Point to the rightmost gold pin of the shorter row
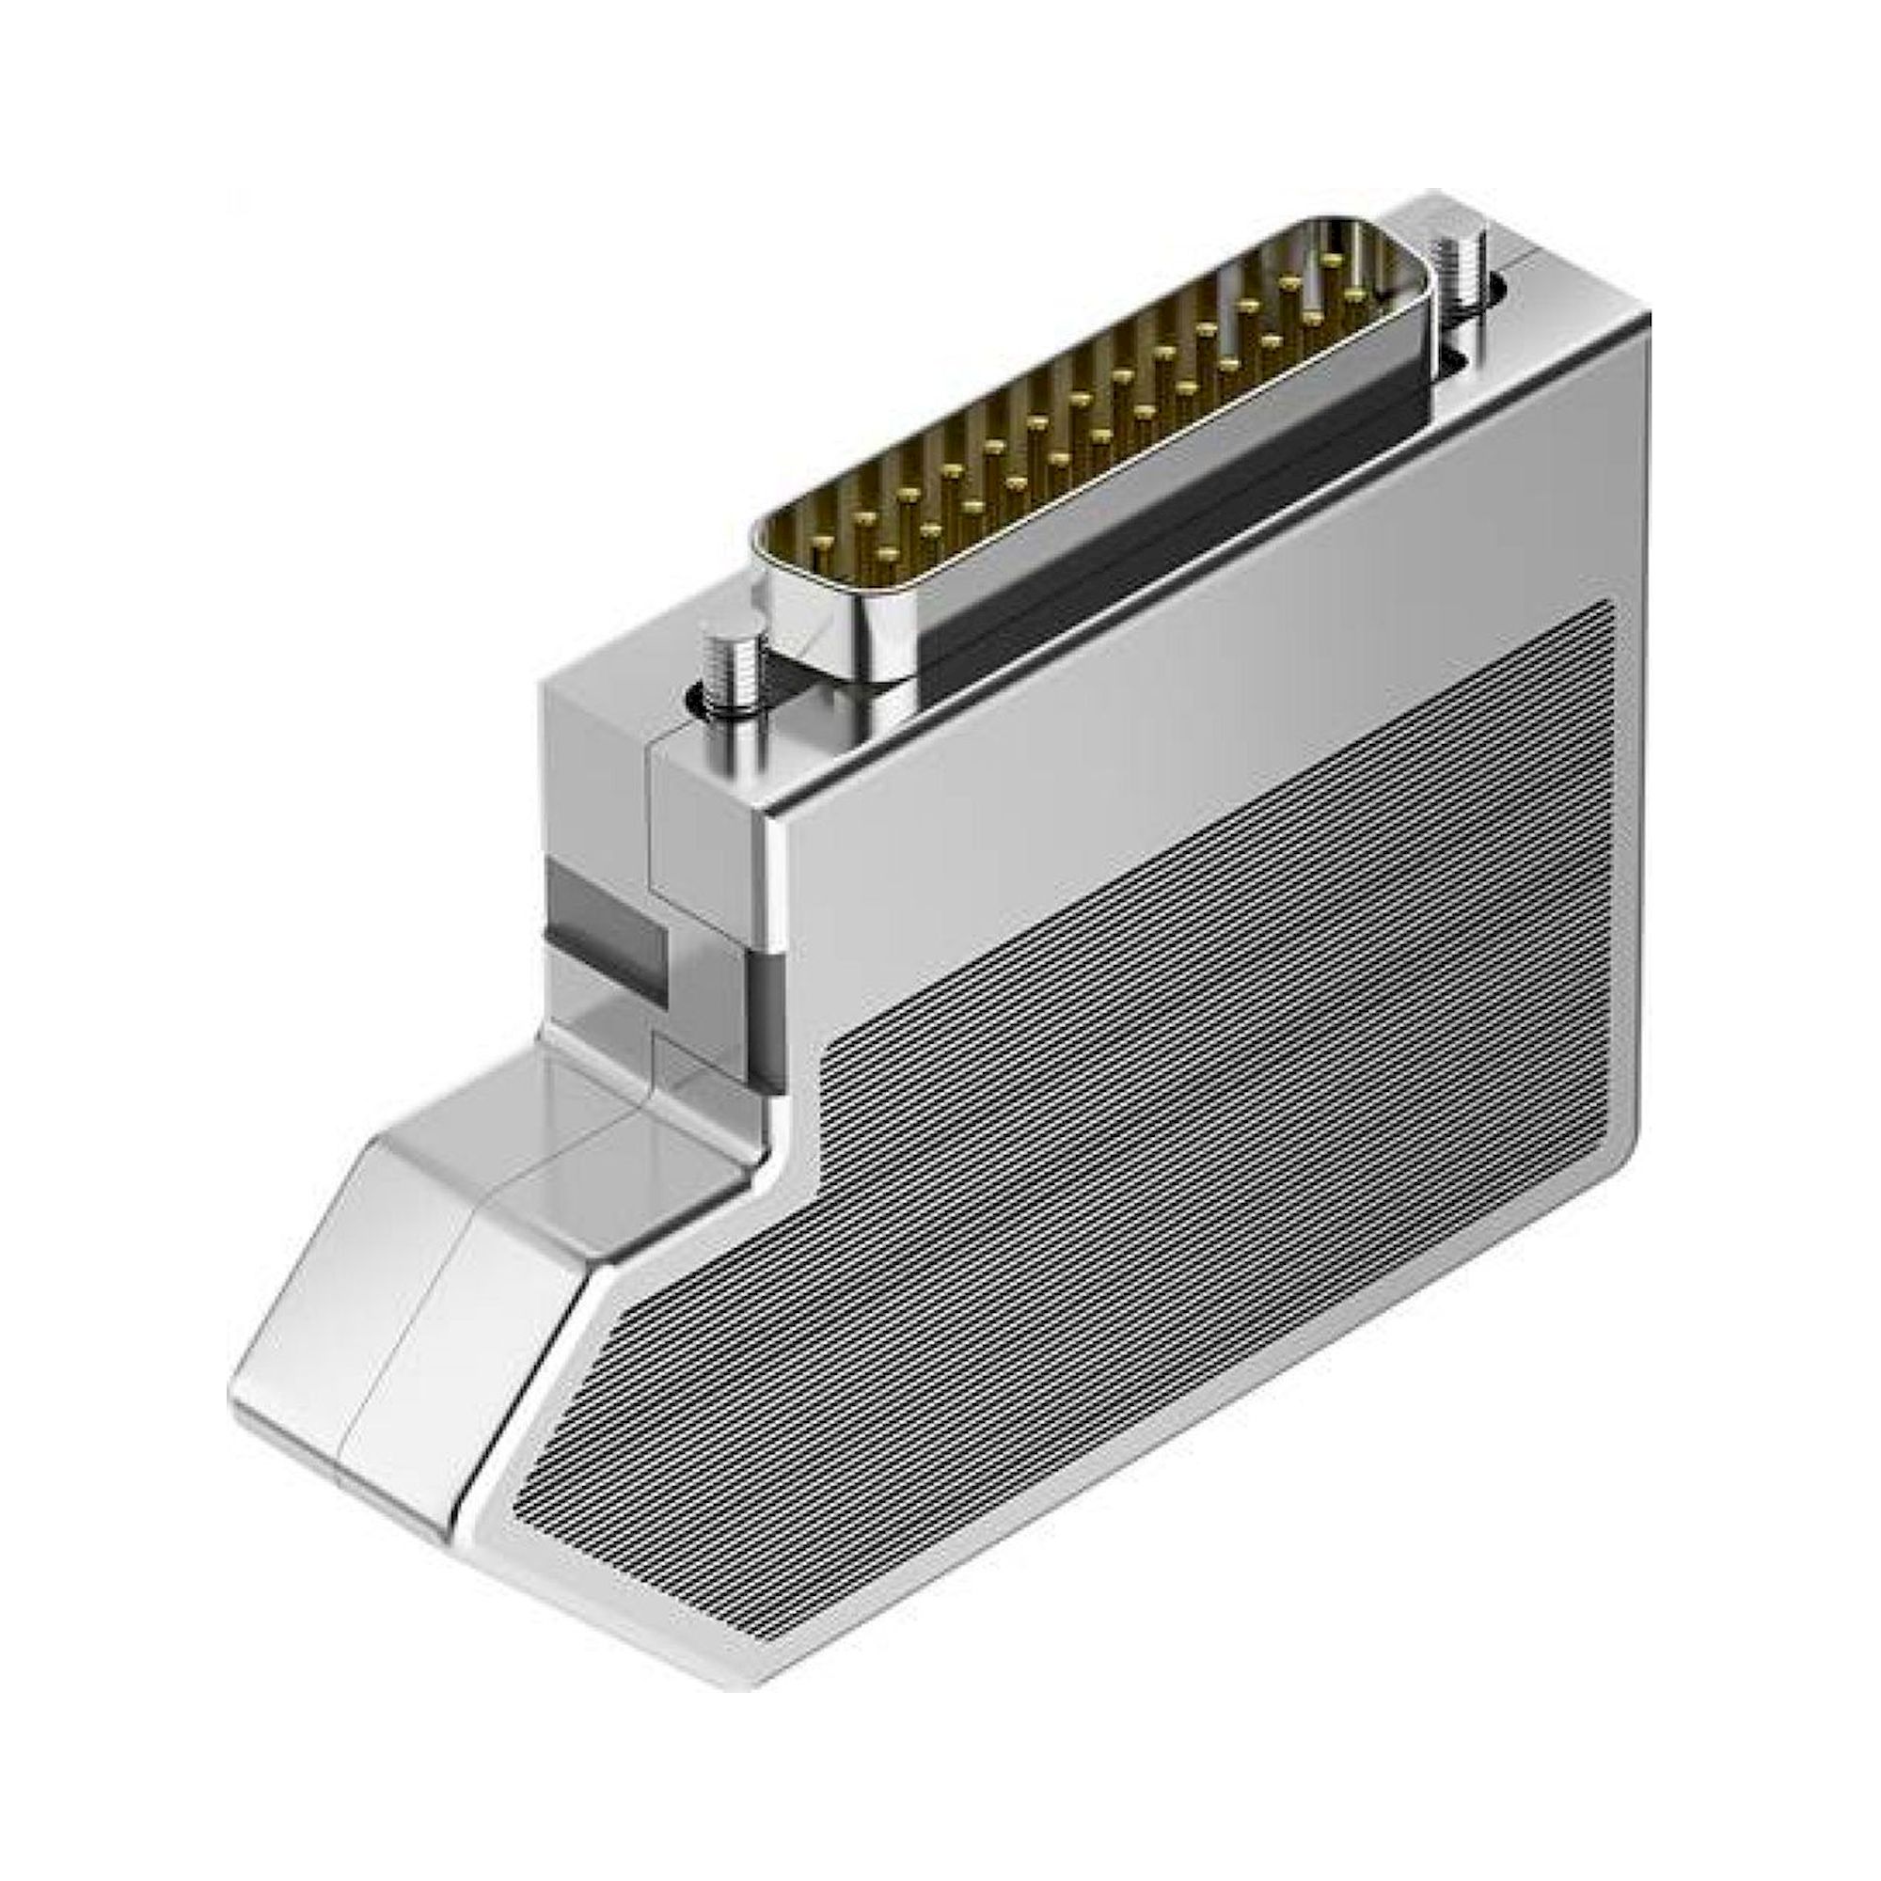[1354, 293]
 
